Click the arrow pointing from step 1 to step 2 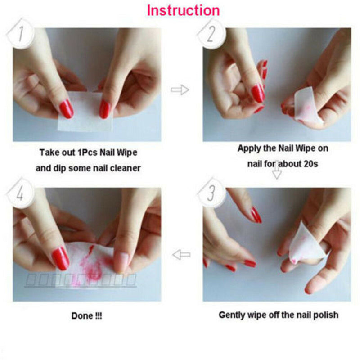tap(180, 90)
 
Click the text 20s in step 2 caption tap(310, 164)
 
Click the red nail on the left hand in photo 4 tap(60, 259)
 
